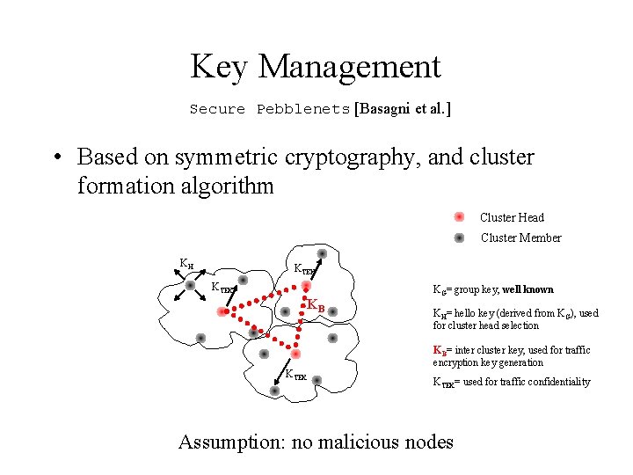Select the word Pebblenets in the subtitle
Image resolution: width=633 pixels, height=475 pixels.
tap(303, 110)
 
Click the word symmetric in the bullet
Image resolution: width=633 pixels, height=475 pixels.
tap(228, 157)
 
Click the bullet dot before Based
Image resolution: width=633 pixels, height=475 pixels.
tap(55, 158)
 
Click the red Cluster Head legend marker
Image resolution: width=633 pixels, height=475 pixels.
tap(459, 217)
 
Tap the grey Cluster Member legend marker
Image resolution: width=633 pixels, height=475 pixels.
tap(459, 237)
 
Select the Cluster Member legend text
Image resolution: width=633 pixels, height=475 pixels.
tap(520, 237)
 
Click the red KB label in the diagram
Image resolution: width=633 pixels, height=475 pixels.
tap(316, 305)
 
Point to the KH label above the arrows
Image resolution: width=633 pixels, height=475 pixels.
tap(186, 263)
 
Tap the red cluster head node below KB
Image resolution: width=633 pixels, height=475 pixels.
tap(296, 354)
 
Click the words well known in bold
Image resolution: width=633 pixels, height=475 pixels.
tap(527, 289)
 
